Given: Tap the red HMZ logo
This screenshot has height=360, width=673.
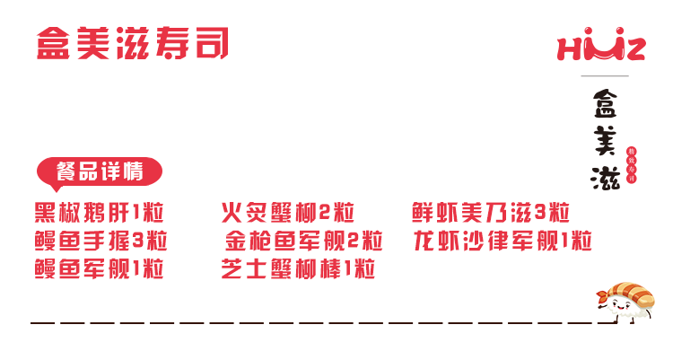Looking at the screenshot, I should click(x=600, y=48).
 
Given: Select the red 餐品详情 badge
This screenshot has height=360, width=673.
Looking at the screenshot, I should click(x=99, y=171).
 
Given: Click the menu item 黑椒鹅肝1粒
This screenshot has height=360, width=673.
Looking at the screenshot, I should click(x=100, y=215).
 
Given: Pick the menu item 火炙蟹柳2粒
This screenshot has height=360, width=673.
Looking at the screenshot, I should click(x=288, y=215).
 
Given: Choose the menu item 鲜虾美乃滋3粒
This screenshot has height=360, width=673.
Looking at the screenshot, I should click(x=491, y=215).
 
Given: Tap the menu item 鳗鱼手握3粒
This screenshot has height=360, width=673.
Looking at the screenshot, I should click(x=101, y=241).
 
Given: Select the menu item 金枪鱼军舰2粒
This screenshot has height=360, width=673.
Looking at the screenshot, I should click(x=303, y=241).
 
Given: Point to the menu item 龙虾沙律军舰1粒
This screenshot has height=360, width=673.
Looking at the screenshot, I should click(x=503, y=241).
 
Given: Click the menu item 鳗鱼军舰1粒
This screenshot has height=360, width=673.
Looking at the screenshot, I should click(x=100, y=269).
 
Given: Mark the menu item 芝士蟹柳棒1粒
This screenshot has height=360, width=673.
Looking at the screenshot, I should click(x=298, y=269).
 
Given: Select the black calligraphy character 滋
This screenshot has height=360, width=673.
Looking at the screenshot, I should click(x=604, y=175).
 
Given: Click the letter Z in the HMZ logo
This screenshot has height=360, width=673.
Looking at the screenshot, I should click(x=634, y=48).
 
